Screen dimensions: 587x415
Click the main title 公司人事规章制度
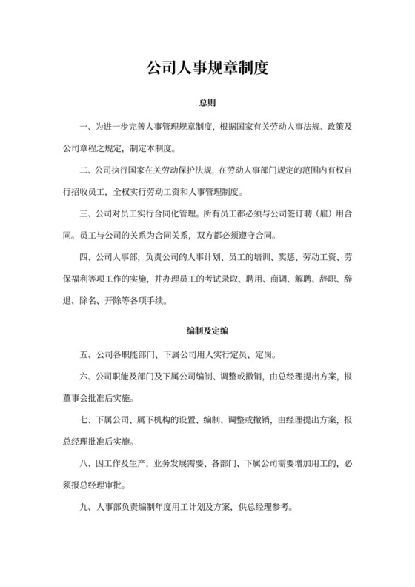pyautogui.click(x=207, y=67)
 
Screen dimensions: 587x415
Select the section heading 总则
pyautogui.click(x=207, y=102)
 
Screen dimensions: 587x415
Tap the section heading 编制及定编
pyautogui.click(x=207, y=329)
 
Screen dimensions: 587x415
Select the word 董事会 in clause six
pyautogui.click(x=75, y=397)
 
